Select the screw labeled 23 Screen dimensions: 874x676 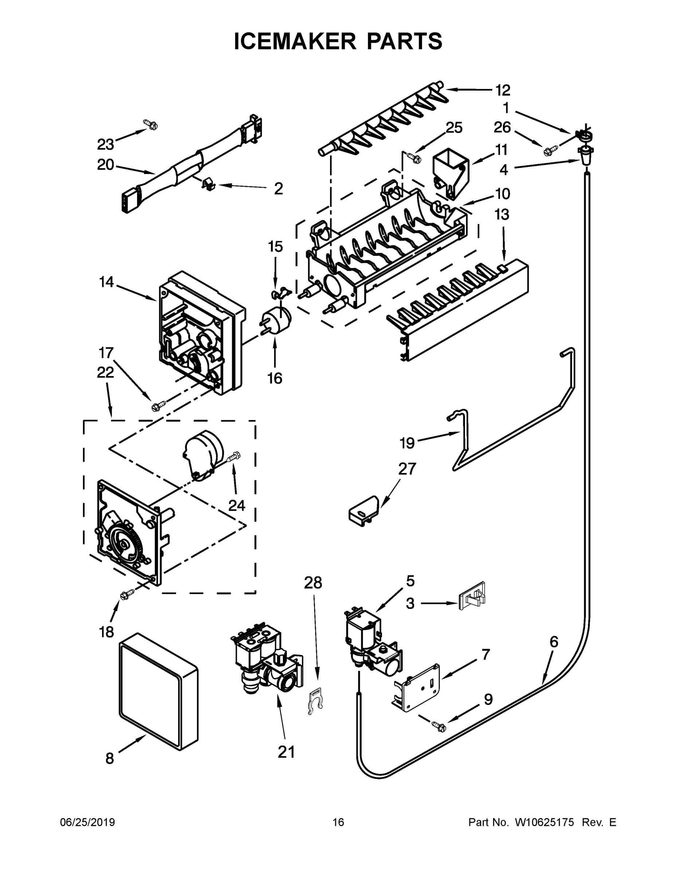(x=152, y=125)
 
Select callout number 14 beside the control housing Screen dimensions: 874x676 (x=106, y=282)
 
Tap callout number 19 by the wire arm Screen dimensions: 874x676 (x=407, y=443)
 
